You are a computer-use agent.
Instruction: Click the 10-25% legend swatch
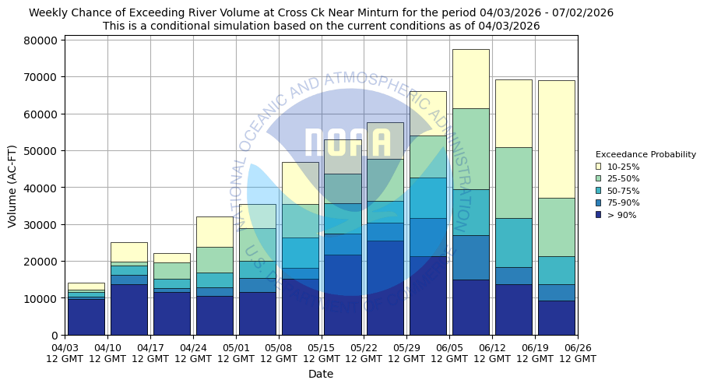pyautogui.click(x=598, y=167)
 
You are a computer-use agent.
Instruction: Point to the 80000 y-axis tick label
pyautogui.click(x=39, y=40)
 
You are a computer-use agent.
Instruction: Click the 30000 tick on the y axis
pyautogui.click(x=39, y=225)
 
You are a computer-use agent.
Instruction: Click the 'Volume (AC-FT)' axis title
pyautogui.click(x=12, y=185)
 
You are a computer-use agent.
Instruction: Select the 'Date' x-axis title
pyautogui.click(x=320, y=374)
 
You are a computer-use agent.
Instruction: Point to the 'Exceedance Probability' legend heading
pyautogui.click(x=645, y=154)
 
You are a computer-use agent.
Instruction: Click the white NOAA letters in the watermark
pyautogui.click(x=346, y=144)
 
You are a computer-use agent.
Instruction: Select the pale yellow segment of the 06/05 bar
pyautogui.click(x=470, y=79)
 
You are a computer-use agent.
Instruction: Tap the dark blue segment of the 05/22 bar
pyautogui.click(x=385, y=287)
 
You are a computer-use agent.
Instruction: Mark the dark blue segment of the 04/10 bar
pyautogui.click(x=128, y=309)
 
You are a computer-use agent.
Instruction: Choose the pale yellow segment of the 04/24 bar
pyautogui.click(x=214, y=231)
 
